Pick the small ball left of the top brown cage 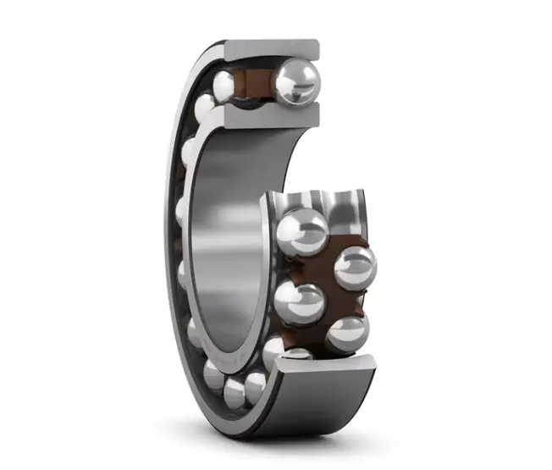[225, 85]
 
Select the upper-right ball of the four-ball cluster [355, 267]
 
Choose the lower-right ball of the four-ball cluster [346, 333]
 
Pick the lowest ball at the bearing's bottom [235, 390]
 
